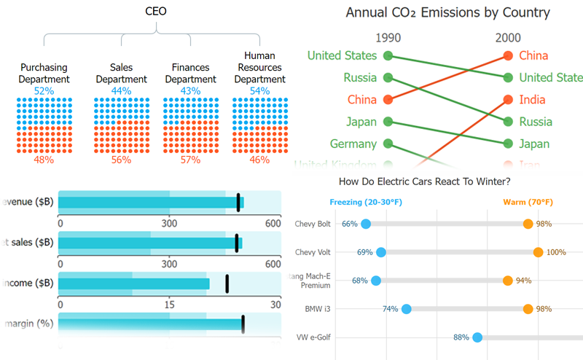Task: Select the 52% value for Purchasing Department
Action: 44,91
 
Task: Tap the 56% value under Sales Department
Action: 121,160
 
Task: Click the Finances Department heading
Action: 190,74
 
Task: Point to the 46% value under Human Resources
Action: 259,160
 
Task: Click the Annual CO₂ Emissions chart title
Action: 447,12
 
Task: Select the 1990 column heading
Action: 388,38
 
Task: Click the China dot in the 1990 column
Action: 388,99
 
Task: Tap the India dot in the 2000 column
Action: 507,99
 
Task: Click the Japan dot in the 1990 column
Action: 388,122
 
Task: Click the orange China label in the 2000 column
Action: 533,55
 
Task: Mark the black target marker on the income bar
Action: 227,283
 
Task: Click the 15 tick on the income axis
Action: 169,305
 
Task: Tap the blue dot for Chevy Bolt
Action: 366,224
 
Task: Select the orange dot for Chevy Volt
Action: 538,252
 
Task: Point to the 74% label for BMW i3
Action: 390,309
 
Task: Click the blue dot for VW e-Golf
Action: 477,337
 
